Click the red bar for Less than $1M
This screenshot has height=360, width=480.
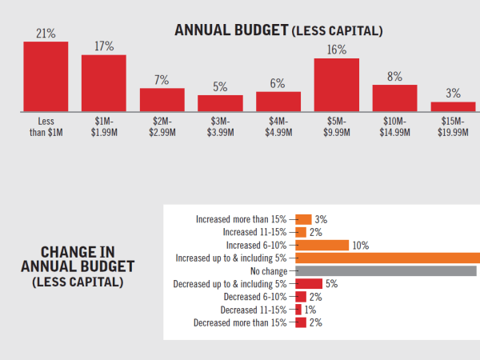click(46, 75)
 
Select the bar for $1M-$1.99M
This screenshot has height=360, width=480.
click(104, 82)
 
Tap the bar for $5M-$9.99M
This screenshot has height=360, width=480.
click(336, 84)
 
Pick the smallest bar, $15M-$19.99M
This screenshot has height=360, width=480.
click(453, 106)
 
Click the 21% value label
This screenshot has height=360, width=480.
click(46, 33)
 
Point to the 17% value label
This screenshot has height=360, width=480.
click(104, 46)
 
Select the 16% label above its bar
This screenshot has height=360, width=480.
click(336, 50)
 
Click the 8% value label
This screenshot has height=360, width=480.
click(394, 77)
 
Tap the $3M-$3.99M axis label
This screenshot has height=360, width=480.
click(220, 126)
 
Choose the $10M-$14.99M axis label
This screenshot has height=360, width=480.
click(394, 126)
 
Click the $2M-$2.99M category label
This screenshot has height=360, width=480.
click(162, 126)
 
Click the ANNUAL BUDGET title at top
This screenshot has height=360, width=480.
click(278, 31)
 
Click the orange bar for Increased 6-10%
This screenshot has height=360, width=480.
click(322, 245)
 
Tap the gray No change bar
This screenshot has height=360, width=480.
click(386, 271)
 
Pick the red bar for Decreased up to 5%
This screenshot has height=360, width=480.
click(309, 284)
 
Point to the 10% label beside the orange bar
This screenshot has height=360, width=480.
click(360, 245)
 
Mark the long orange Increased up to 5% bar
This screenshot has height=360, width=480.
click(388, 258)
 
